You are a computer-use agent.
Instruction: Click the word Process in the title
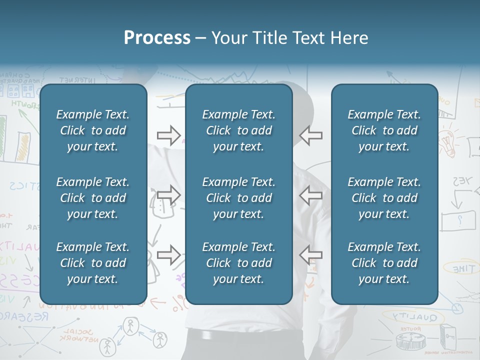pyautogui.click(x=157, y=38)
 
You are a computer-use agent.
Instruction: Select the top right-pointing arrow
pyautogui.click(x=169, y=135)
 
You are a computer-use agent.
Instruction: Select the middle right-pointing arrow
pyautogui.click(x=169, y=195)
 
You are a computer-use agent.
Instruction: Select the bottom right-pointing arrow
pyautogui.click(x=169, y=255)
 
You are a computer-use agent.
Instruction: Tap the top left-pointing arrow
pyautogui.click(x=310, y=135)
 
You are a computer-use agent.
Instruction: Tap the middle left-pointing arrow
pyautogui.click(x=310, y=195)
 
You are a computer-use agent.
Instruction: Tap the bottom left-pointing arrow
pyautogui.click(x=310, y=255)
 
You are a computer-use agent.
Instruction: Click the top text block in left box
pyautogui.click(x=93, y=130)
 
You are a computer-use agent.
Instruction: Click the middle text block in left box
pyautogui.click(x=93, y=198)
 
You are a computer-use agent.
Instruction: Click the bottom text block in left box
pyautogui.click(x=93, y=263)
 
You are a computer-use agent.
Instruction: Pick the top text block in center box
pyautogui.click(x=238, y=130)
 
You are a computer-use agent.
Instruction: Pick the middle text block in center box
pyautogui.click(x=238, y=198)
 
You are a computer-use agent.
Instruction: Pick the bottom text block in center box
pyautogui.click(x=238, y=263)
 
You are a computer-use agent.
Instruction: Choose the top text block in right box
pyautogui.click(x=384, y=130)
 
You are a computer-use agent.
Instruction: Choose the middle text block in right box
pyautogui.click(x=384, y=198)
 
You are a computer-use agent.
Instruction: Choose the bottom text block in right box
pyautogui.click(x=384, y=263)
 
